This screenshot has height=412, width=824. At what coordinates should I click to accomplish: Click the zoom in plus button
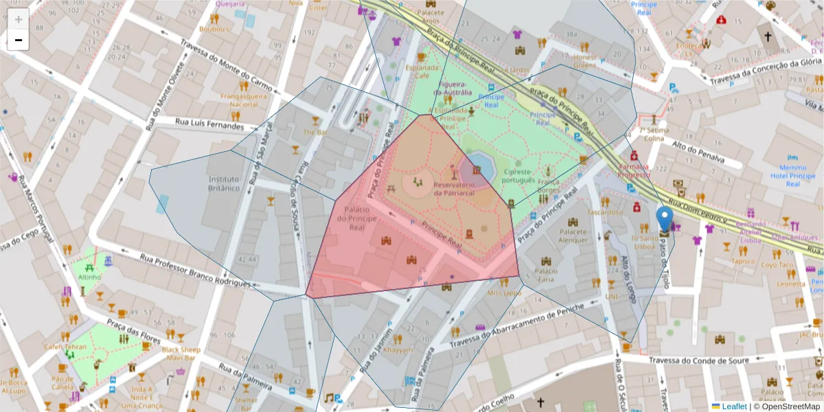pos(18,19)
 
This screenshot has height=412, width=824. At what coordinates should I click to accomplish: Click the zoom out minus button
pos(18,40)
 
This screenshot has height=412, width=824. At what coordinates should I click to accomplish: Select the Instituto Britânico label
pos(224,183)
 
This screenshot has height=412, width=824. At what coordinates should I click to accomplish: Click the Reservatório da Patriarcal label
pos(454,189)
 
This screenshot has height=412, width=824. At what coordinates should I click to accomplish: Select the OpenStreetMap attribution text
pos(787,406)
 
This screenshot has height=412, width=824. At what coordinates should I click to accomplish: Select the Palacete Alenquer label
pos(573,236)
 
